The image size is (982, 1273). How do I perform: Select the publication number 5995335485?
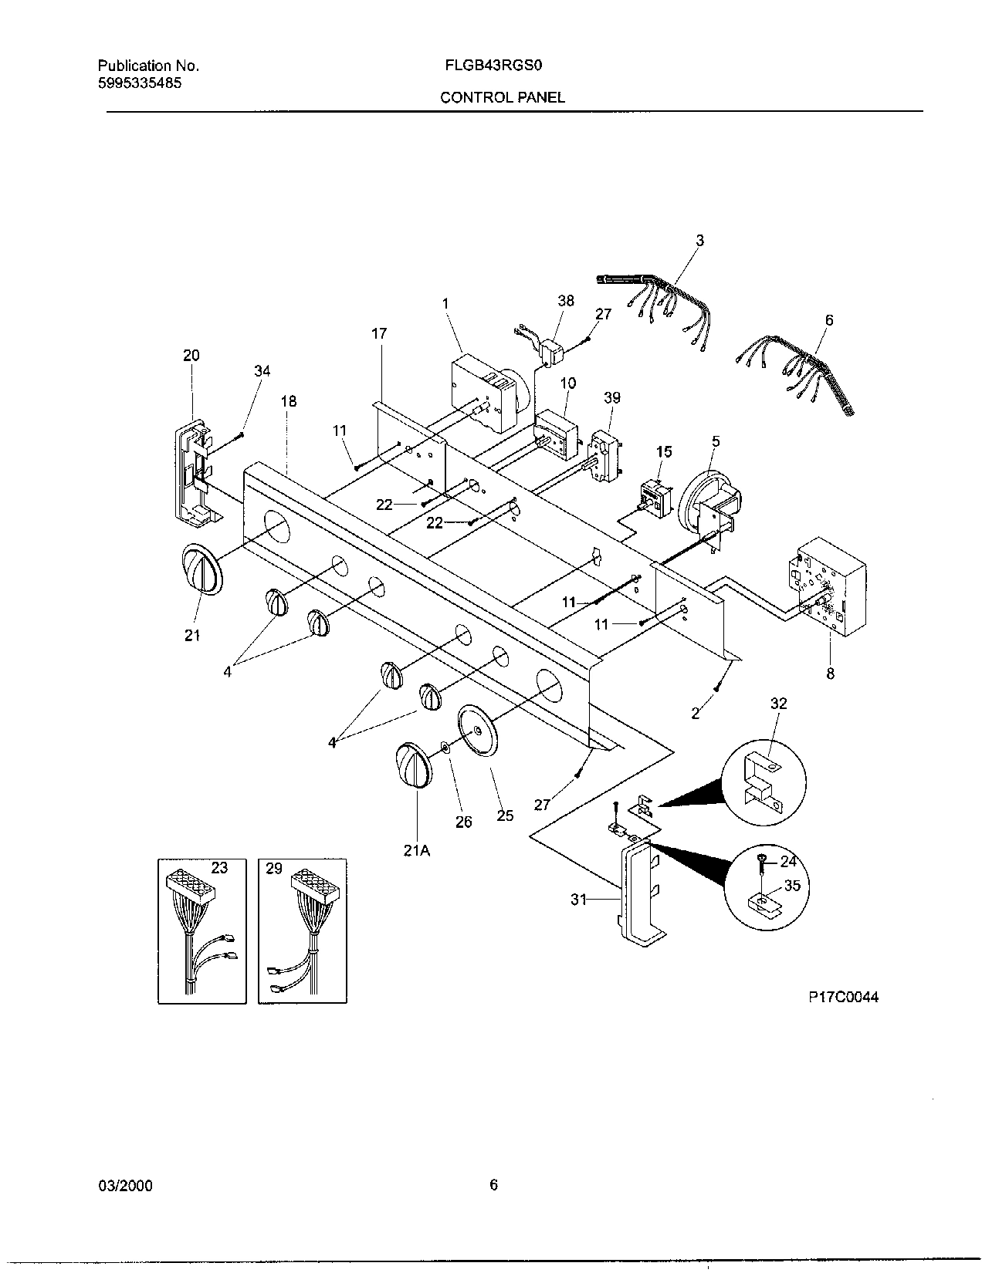point(140,83)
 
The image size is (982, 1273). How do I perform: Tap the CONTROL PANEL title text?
point(502,97)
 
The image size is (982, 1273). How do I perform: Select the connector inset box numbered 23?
point(202,930)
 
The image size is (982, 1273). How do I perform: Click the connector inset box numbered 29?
point(302,930)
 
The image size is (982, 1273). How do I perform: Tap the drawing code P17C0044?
point(843,997)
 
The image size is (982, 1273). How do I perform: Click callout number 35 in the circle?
point(792,886)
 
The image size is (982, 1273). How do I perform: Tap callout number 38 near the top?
point(566,301)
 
